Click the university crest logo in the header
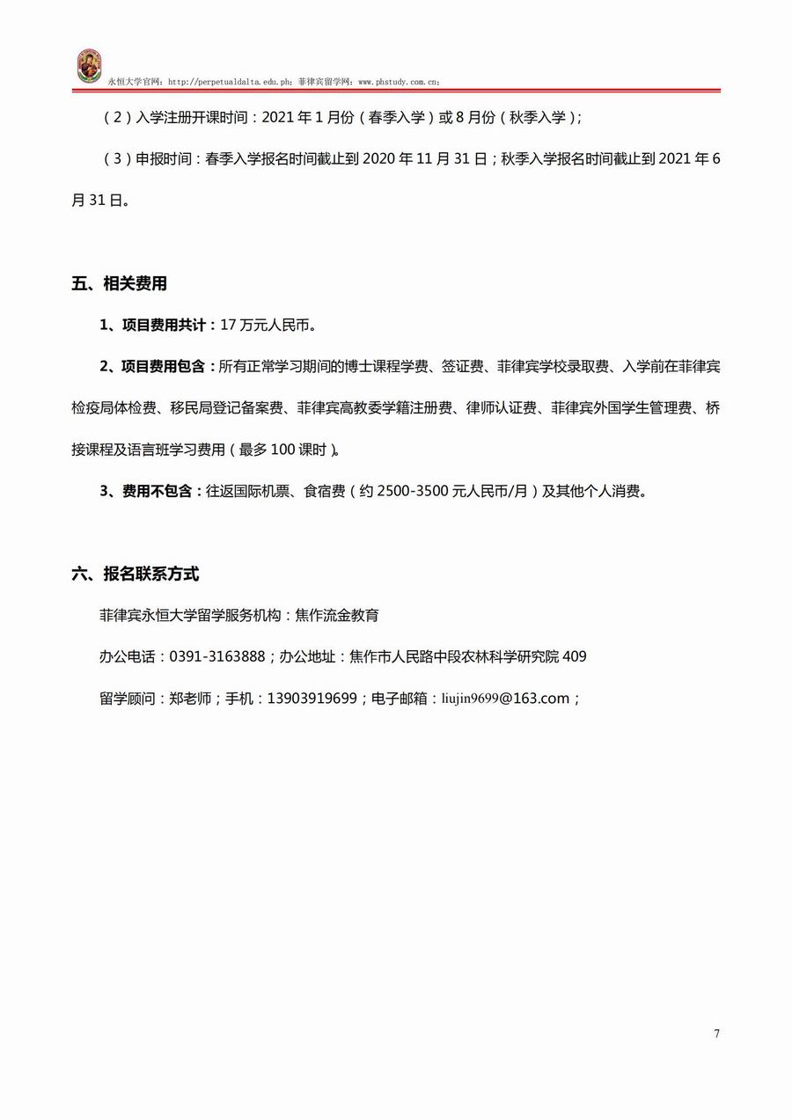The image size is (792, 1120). click(89, 67)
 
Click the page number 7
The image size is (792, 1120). click(716, 1034)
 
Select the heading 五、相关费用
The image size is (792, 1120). click(120, 284)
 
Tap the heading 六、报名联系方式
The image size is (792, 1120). click(136, 575)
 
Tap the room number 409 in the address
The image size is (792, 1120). click(574, 656)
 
